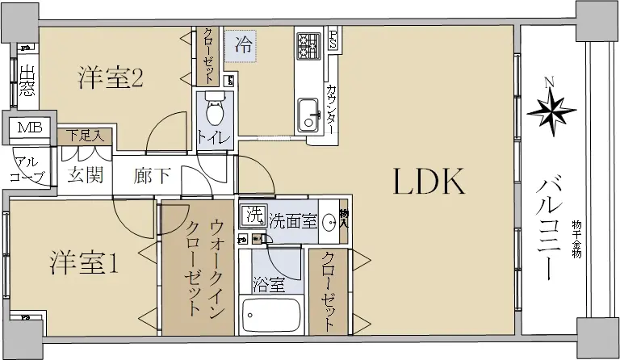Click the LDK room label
click(x=429, y=182)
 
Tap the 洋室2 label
click(x=111, y=78)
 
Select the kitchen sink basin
click(x=308, y=114)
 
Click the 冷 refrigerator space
click(x=241, y=46)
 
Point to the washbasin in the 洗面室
click(x=329, y=221)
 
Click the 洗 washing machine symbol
click(x=253, y=216)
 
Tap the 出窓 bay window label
click(x=27, y=81)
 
